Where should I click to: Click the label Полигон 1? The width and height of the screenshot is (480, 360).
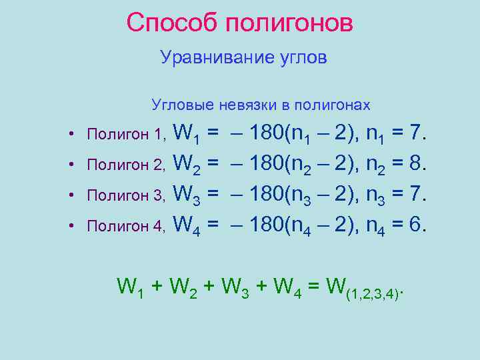point(125,135)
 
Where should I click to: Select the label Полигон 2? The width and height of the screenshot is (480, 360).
point(125,165)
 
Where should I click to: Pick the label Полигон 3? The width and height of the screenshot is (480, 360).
point(125,195)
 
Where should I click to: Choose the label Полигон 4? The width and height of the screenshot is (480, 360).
point(125,226)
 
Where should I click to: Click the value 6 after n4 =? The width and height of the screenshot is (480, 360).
point(416,225)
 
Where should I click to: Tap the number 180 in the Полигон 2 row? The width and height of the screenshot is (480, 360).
point(266,164)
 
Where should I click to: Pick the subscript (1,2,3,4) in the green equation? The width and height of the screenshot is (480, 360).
point(375,293)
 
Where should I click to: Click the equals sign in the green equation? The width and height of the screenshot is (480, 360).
point(313,287)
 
